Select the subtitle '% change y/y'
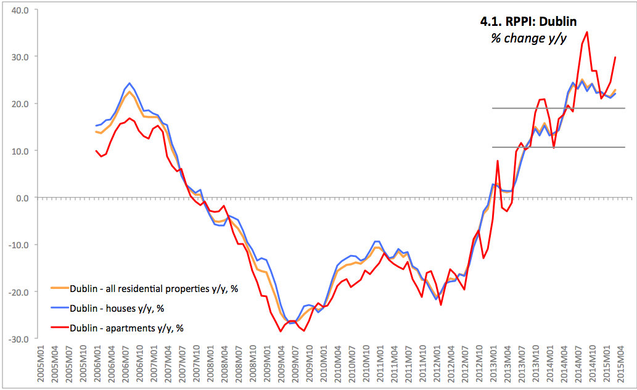528,38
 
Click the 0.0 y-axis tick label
23,198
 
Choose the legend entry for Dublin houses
117,308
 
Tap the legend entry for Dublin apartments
126,328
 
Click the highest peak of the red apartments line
586,32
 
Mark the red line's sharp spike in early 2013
497,161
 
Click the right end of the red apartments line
615,57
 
